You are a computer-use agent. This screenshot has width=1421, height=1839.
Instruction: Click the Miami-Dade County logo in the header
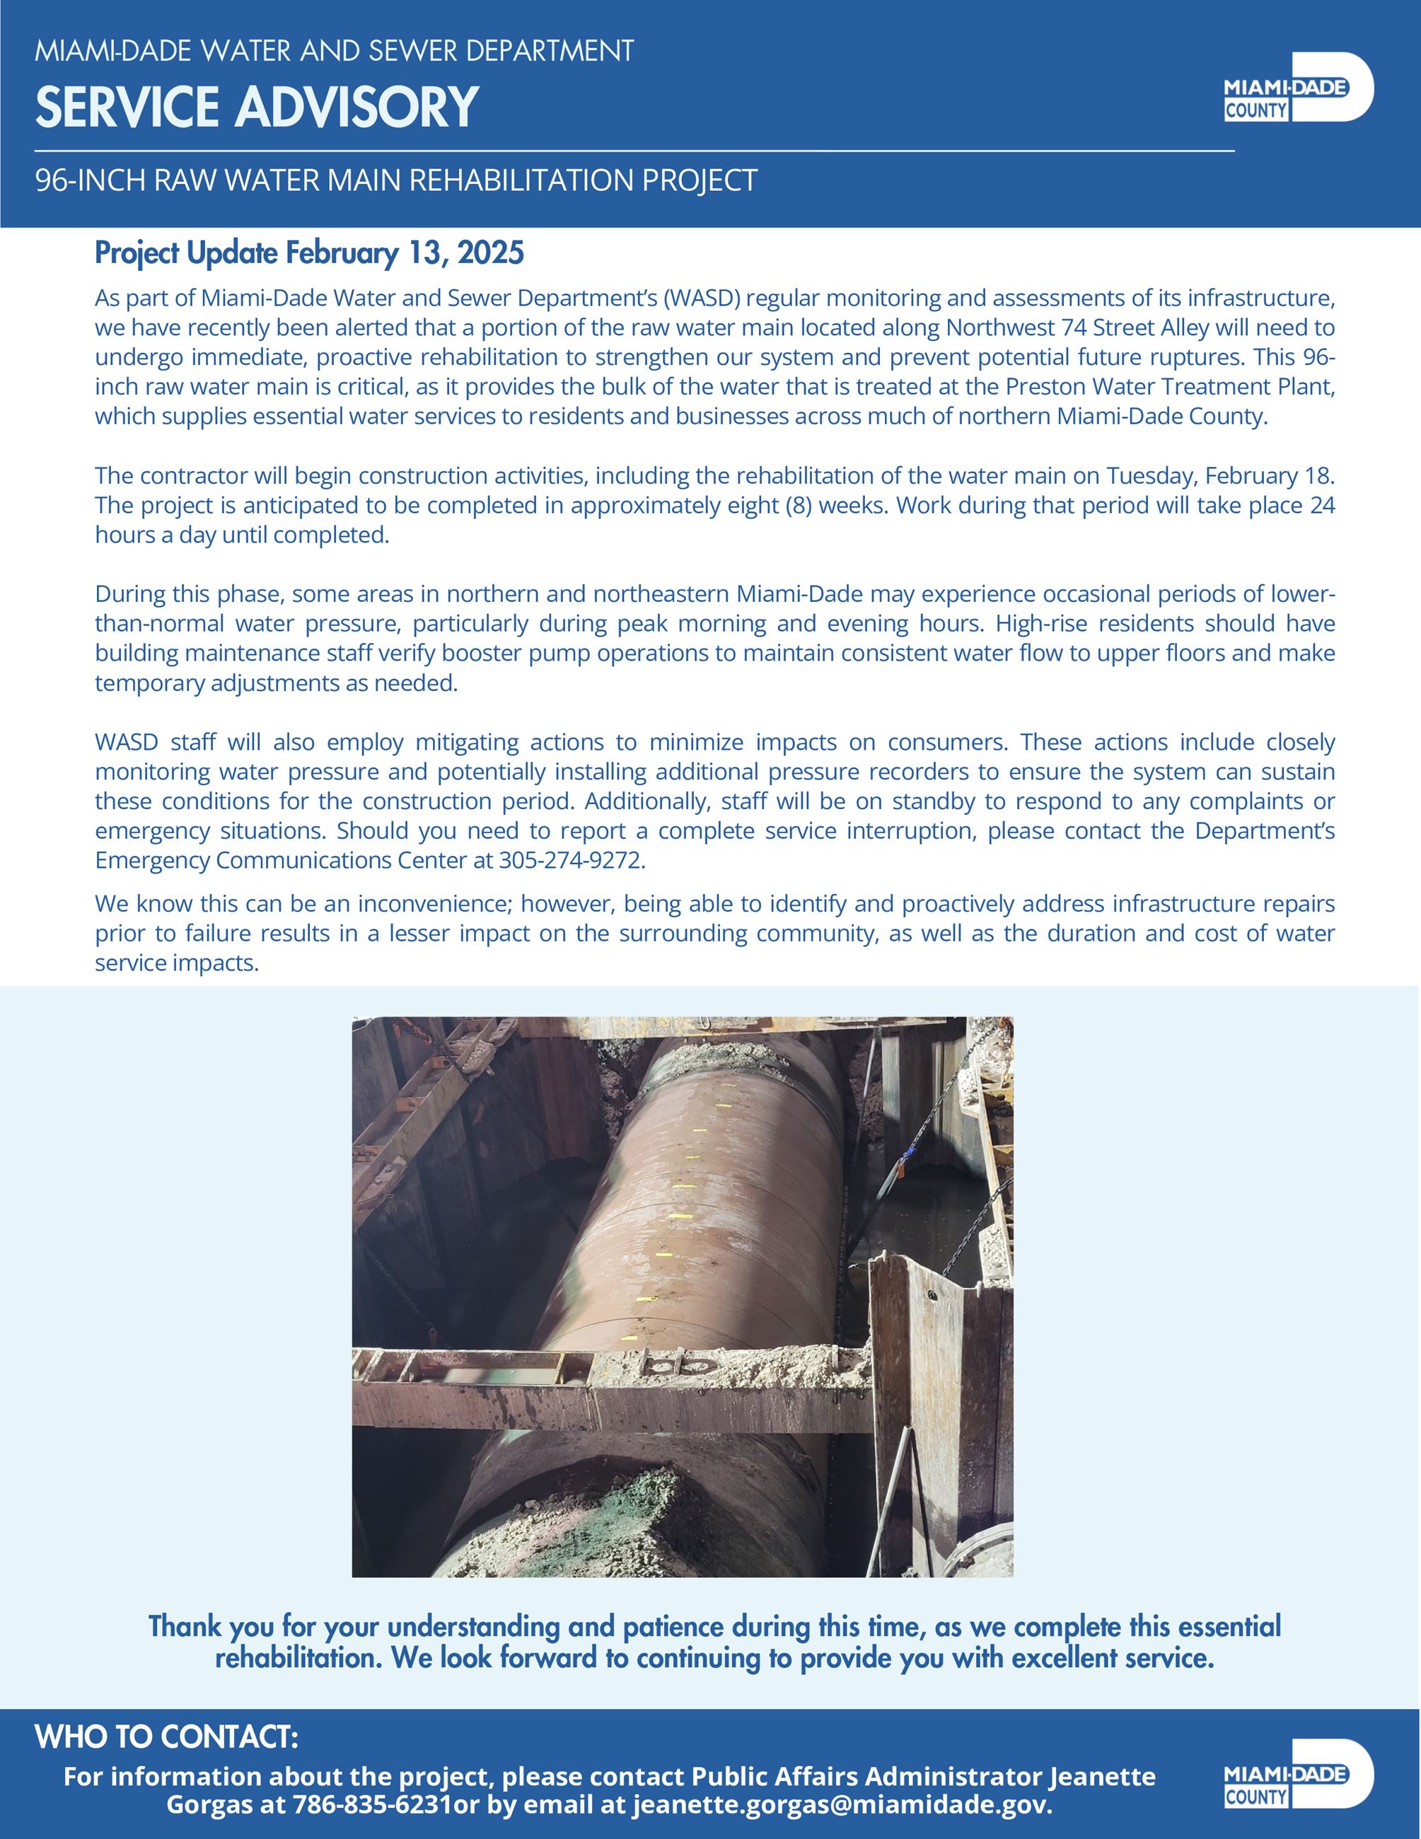pos(1297,88)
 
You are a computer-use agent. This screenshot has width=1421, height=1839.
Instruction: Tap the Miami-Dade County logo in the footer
pos(1297,1773)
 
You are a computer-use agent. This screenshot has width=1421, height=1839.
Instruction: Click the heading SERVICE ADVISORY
pos(257,107)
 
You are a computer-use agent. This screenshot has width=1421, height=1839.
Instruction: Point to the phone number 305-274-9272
pos(572,861)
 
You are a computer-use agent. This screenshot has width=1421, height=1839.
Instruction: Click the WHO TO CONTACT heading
pos(167,1736)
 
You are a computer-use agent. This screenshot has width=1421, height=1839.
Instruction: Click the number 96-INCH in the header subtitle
pos(88,180)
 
